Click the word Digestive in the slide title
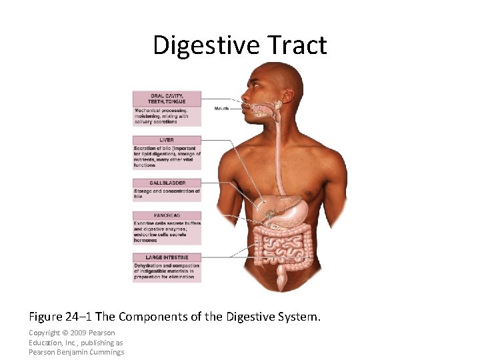coord(205,45)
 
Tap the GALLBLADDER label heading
coord(167,183)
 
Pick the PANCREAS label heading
coord(167,215)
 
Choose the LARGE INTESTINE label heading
coord(167,257)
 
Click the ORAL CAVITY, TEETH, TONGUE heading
coord(167,97)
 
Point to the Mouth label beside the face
coord(221,108)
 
